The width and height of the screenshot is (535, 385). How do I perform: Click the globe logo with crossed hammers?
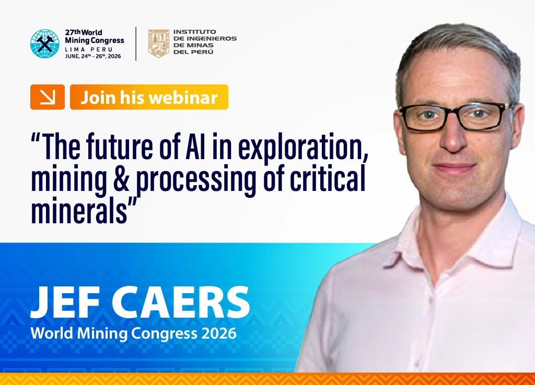[x=45, y=44]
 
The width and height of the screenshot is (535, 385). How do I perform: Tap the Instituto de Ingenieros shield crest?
[x=159, y=43]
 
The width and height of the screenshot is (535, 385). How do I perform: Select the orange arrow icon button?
[x=48, y=97]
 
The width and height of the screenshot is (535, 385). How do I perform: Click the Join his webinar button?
[x=149, y=97]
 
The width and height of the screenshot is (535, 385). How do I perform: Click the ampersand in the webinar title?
[x=121, y=178]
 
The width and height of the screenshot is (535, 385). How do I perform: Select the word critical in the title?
[x=328, y=177]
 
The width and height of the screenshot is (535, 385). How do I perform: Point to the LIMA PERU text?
[x=89, y=50]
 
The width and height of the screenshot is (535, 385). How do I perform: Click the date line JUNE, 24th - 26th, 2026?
[x=93, y=56]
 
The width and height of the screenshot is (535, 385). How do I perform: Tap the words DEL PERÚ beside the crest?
[x=193, y=52]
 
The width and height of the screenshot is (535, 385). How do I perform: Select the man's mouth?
[x=454, y=168]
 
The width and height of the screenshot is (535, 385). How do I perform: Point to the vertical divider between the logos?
[x=136, y=44]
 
